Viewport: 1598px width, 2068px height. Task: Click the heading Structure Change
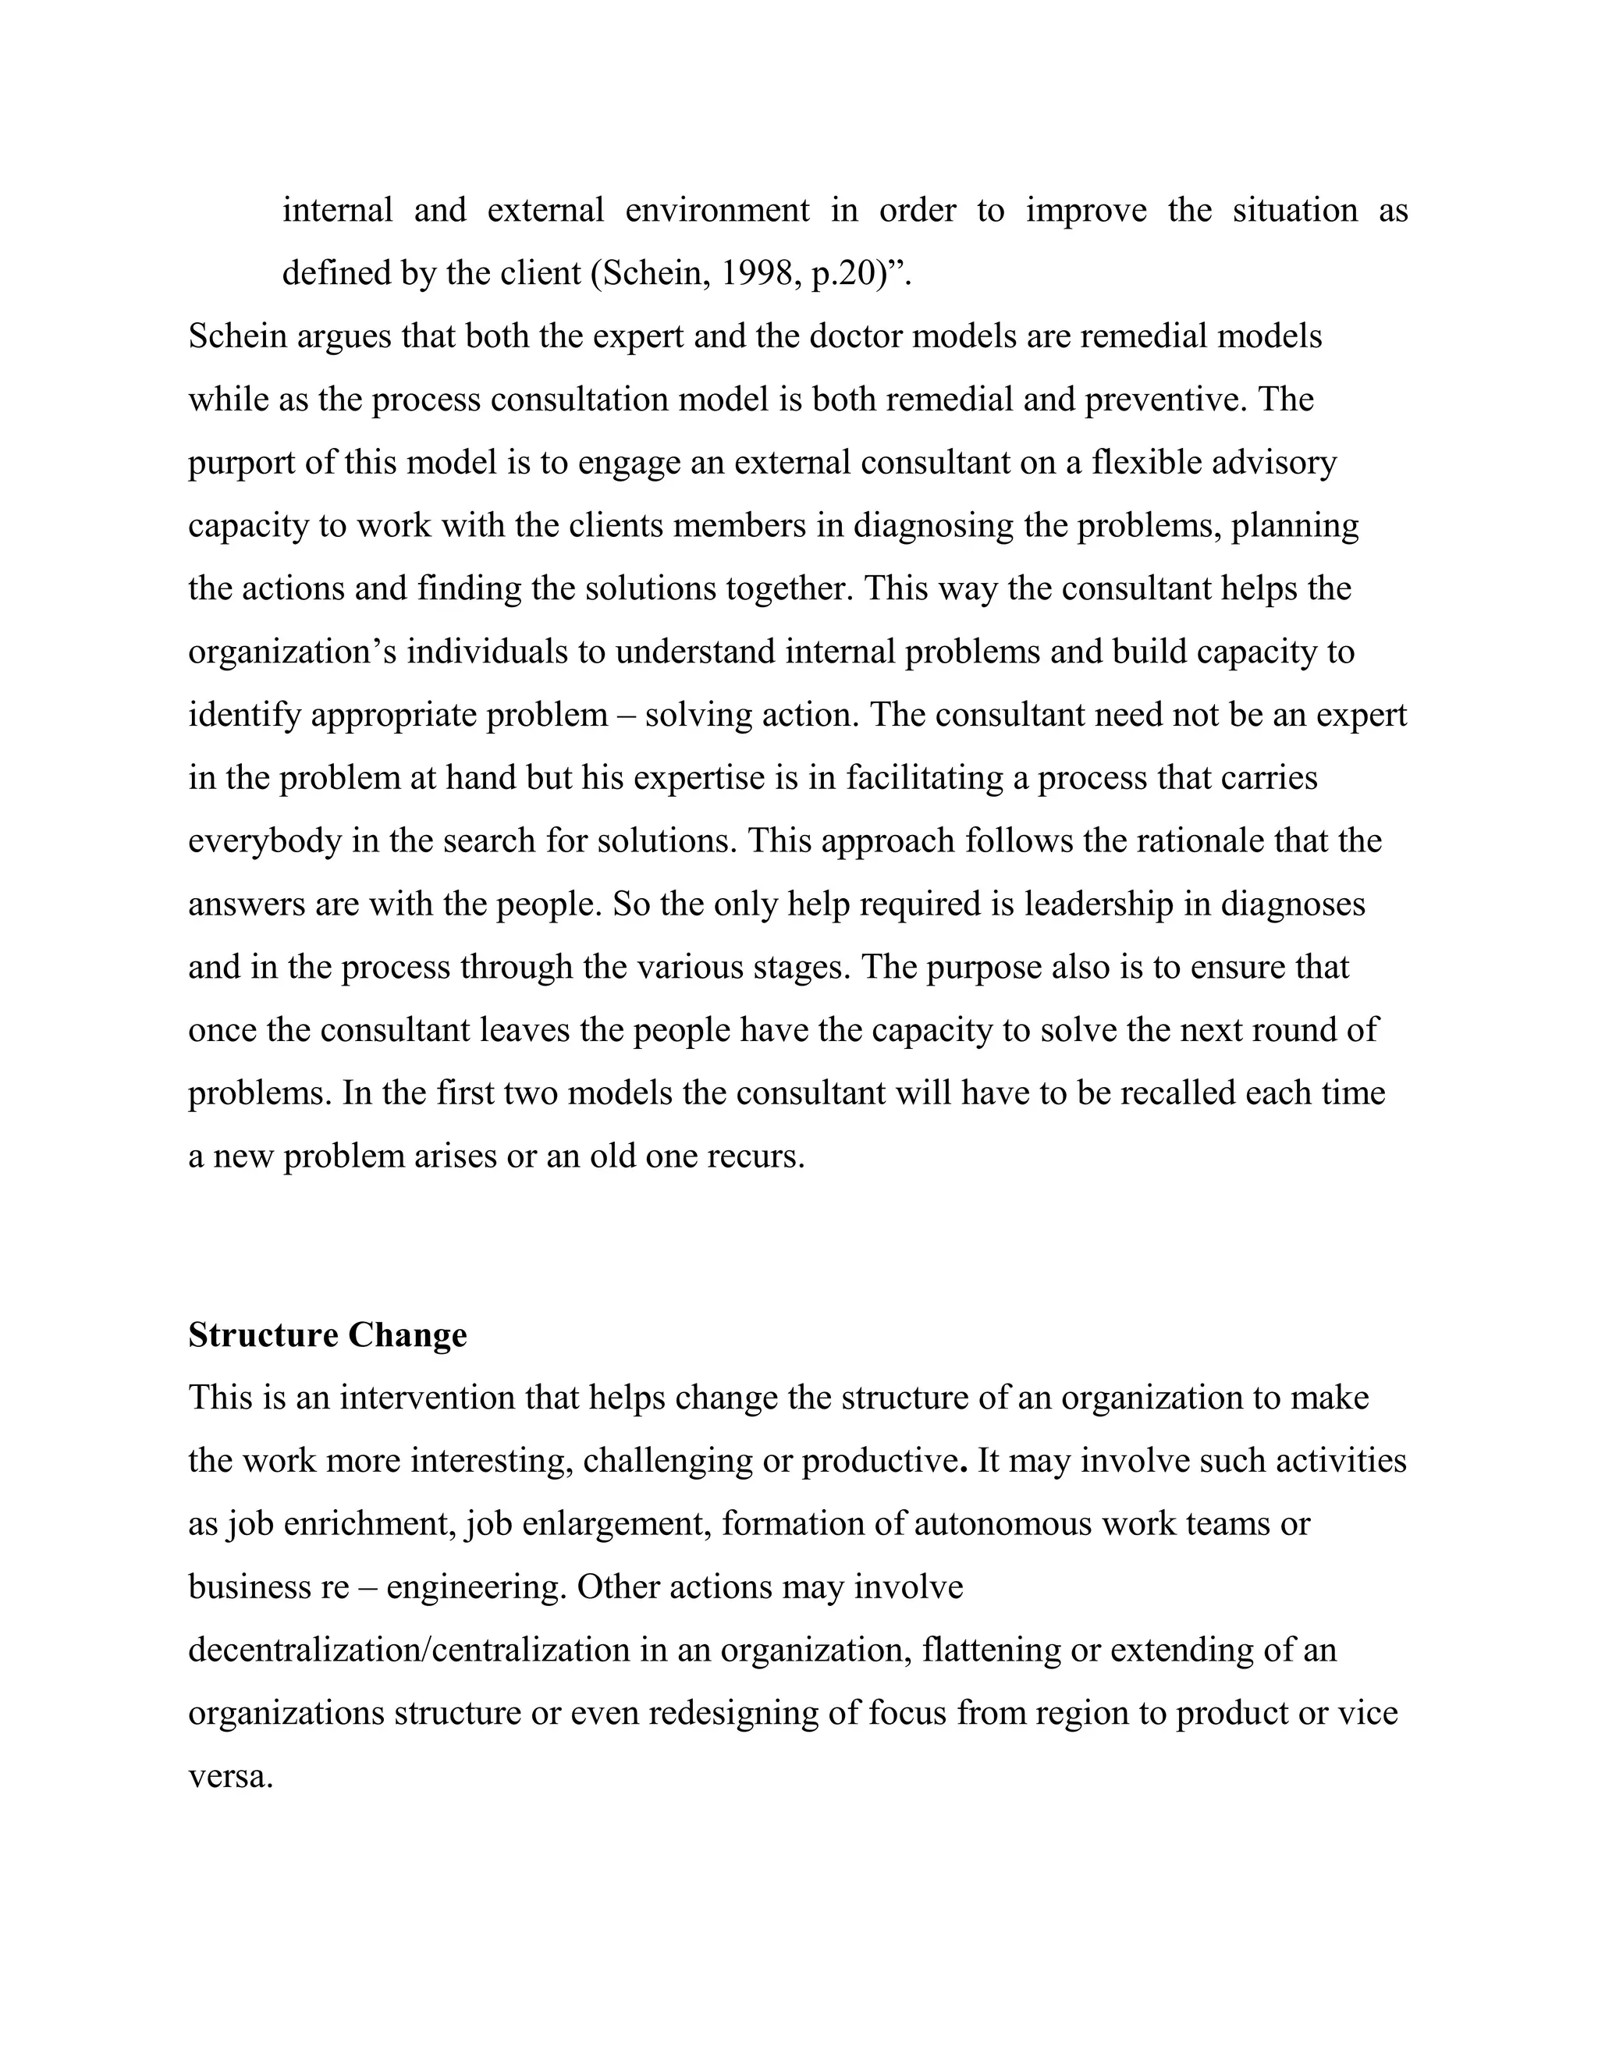tap(328, 1335)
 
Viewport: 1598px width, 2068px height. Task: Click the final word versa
tap(231, 1776)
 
